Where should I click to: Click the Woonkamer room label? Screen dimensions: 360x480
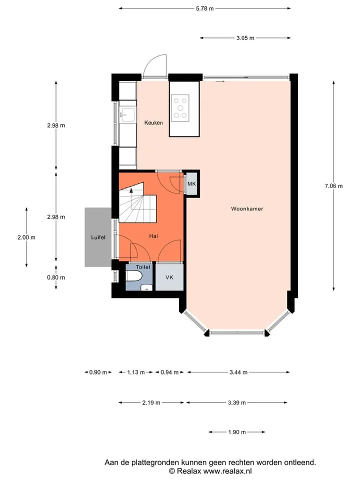pyautogui.click(x=247, y=209)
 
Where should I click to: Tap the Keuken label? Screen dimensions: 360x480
pyautogui.click(x=153, y=123)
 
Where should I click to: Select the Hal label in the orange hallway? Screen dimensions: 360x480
pyautogui.click(x=153, y=236)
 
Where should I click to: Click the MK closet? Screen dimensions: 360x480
pyautogui.click(x=191, y=184)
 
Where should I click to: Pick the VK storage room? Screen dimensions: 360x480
pyautogui.click(x=169, y=277)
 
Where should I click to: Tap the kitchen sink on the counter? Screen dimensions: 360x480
pyautogui.click(x=127, y=114)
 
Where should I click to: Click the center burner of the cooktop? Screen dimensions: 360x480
pyautogui.click(x=180, y=108)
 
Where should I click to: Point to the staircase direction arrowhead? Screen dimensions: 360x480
pyautogui.click(x=131, y=190)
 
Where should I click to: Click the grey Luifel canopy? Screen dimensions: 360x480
pyautogui.click(x=98, y=237)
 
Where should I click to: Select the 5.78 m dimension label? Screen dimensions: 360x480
pyautogui.click(x=205, y=8)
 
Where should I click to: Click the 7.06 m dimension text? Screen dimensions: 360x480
pyautogui.click(x=333, y=186)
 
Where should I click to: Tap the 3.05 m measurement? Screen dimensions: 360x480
pyautogui.click(x=245, y=38)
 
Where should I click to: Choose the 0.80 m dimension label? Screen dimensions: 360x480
pyautogui.click(x=56, y=277)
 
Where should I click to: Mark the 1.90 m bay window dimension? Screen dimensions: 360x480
pyautogui.click(x=237, y=432)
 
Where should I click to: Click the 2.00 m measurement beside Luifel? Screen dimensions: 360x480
pyautogui.click(x=26, y=237)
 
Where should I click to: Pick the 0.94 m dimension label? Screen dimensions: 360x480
pyautogui.click(x=169, y=372)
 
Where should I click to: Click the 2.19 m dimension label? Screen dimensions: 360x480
pyautogui.click(x=151, y=403)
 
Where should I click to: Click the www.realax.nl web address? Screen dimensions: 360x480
pyautogui.click(x=227, y=471)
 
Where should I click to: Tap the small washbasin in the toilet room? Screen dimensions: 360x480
pyautogui.click(x=146, y=287)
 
